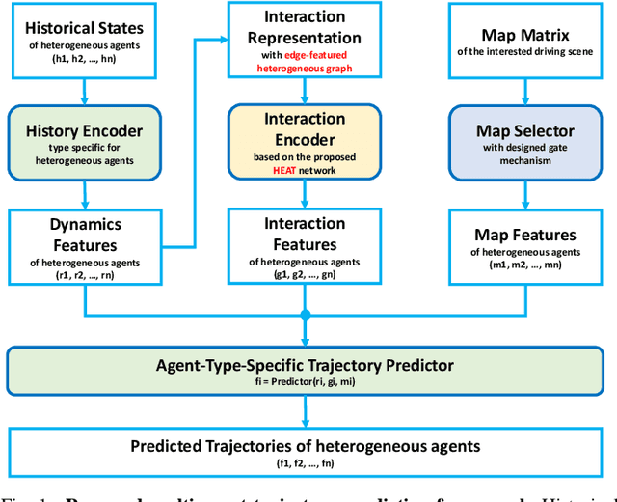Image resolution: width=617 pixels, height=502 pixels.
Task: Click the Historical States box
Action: pos(86,42)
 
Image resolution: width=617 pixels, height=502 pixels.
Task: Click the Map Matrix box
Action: pos(525,42)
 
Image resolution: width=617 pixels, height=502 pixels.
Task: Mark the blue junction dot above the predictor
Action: pos(306,315)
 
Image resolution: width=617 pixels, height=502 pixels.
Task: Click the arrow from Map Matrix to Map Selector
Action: pos(525,91)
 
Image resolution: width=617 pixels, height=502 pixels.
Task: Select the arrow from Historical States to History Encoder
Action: pos(86,91)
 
